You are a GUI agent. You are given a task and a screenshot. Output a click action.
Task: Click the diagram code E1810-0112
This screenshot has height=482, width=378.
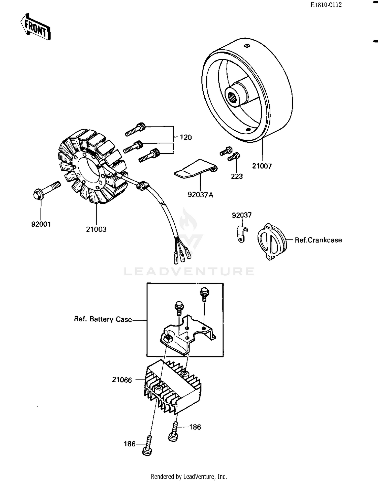(326, 5)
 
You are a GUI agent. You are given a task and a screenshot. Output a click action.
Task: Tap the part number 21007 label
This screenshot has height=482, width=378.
(262, 166)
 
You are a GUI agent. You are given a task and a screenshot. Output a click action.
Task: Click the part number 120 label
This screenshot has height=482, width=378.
(186, 137)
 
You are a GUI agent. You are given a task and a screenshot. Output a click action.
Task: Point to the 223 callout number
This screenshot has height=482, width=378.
(237, 176)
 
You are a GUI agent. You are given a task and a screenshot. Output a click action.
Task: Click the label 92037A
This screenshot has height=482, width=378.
(200, 195)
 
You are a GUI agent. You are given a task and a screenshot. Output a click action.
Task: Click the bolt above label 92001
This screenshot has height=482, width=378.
(47, 191)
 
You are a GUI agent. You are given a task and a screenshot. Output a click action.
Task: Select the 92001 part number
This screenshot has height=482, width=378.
(41, 224)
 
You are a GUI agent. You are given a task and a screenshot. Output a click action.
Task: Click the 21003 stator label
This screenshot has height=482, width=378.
(96, 229)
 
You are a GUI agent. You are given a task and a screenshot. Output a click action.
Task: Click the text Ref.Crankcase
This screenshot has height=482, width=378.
(318, 240)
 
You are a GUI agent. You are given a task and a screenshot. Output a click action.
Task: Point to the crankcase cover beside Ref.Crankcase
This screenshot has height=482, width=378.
(272, 241)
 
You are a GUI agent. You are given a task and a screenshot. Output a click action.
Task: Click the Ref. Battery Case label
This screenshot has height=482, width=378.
(103, 319)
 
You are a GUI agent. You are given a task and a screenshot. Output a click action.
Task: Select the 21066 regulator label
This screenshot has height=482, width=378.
(122, 380)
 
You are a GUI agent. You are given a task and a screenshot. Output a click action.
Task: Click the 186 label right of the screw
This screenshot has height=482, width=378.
(195, 427)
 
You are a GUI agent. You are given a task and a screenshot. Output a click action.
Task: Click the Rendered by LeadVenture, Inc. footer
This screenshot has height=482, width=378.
(189, 476)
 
